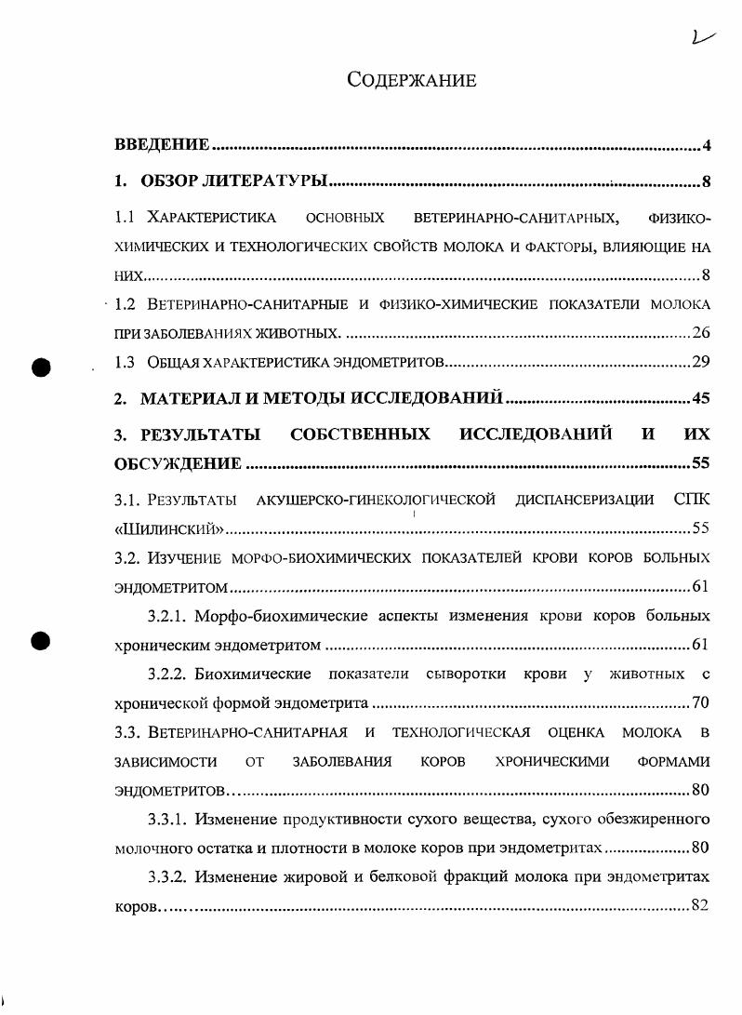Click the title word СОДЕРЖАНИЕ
[411, 81]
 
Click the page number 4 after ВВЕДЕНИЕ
[707, 146]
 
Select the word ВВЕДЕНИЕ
[161, 145]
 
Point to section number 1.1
[126, 219]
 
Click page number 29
[701, 363]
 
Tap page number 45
[701, 399]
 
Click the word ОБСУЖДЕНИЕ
[178, 463]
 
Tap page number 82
[701, 906]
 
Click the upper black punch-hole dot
[40, 366]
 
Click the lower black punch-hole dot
[40, 641]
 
